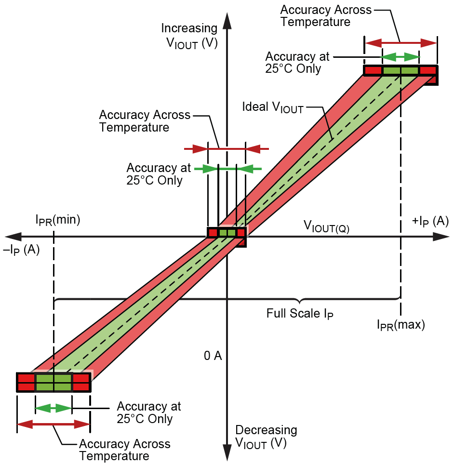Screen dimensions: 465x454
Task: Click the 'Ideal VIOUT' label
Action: click(x=273, y=107)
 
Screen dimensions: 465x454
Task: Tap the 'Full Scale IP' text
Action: click(x=300, y=314)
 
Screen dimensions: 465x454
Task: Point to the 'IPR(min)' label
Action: click(x=57, y=220)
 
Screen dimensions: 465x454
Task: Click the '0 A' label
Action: click(x=213, y=356)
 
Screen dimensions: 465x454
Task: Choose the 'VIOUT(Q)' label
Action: click(x=326, y=226)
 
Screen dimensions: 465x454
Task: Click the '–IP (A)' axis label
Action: click(x=22, y=250)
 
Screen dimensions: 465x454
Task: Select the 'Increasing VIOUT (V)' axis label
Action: click(x=189, y=35)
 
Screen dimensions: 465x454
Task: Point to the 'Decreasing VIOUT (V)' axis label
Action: click(x=266, y=437)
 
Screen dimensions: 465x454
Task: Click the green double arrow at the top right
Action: click(x=401, y=57)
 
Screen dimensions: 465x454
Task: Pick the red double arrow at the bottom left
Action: click(x=53, y=425)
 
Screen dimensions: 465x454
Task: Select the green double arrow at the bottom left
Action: click(x=53, y=408)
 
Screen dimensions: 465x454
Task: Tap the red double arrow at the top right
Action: click(x=401, y=43)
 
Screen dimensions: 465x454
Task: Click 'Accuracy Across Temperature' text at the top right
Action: click(x=326, y=15)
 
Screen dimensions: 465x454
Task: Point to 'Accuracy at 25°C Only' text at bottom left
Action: click(x=149, y=412)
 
